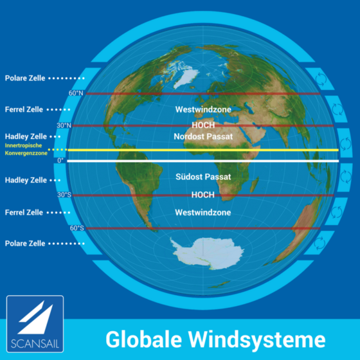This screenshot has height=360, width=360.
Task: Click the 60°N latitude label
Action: click(76, 93)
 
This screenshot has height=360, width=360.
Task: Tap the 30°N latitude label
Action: click(64, 126)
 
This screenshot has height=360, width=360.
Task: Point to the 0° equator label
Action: click(61, 160)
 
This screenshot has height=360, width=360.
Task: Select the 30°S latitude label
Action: click(64, 195)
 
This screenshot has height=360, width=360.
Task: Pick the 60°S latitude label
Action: click(76, 228)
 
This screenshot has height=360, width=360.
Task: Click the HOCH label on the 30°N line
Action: click(203, 125)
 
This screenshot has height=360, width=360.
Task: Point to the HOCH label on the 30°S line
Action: click(203, 194)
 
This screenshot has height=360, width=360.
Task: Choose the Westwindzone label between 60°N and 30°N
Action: click(203, 109)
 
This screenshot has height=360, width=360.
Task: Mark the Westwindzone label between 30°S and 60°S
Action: click(203, 212)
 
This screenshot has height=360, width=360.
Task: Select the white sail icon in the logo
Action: click(34, 318)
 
